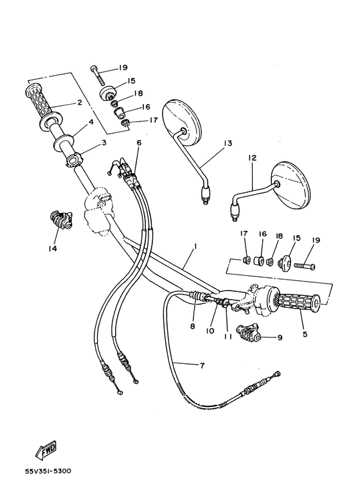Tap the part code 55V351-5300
click(48, 471)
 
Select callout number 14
click(51, 248)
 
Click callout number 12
click(252, 157)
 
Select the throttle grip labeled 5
click(293, 301)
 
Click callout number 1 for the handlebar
click(195, 246)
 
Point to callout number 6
click(138, 142)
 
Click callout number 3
click(103, 144)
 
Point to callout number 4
click(91, 121)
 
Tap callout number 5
click(304, 334)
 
